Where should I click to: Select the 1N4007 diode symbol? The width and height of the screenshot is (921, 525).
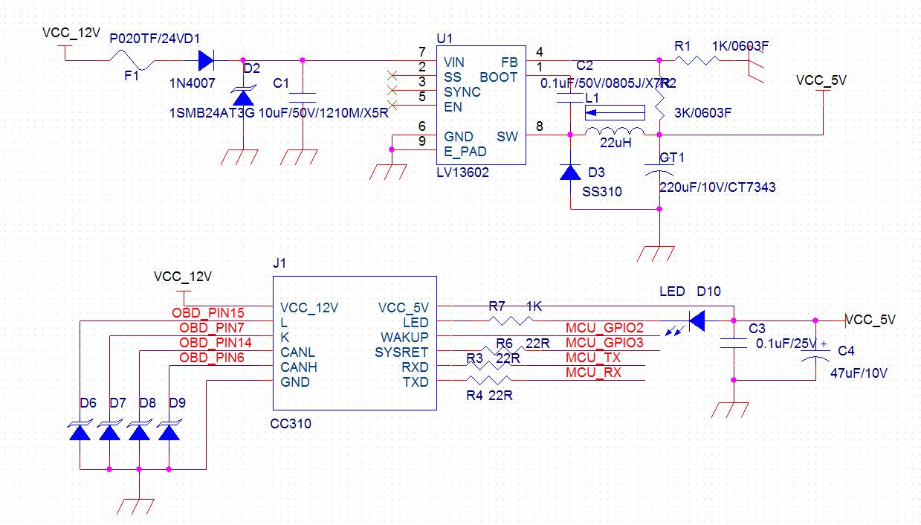[205, 60]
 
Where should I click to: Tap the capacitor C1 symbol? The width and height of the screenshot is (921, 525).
[303, 97]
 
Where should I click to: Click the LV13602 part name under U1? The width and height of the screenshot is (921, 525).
[462, 172]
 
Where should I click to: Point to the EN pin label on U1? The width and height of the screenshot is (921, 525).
[453, 106]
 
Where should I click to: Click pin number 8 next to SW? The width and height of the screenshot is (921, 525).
[539, 127]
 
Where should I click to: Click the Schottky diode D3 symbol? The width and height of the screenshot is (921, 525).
[570, 173]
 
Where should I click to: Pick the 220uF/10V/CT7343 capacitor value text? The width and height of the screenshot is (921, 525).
[717, 187]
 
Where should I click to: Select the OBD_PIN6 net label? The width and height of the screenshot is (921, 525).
[212, 358]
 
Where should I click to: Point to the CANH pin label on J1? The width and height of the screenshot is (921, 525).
[298, 367]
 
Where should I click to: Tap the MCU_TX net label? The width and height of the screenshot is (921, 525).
[593, 358]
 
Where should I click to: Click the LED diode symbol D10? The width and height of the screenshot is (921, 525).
[696, 321]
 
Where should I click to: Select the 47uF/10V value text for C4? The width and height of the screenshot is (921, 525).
[859, 373]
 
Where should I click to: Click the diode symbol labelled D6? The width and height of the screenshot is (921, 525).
[80, 431]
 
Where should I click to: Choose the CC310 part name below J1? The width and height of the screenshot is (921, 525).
[291, 424]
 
